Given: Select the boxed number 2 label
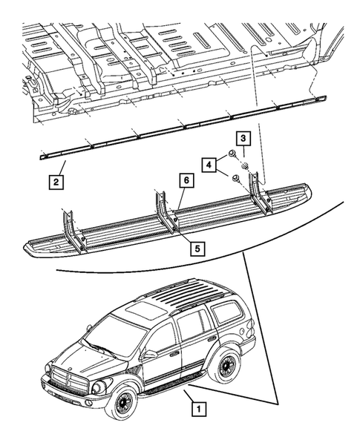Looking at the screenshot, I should tap(56, 180).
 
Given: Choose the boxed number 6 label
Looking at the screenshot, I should tap(187, 180).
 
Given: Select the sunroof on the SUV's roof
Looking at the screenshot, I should tap(139, 309).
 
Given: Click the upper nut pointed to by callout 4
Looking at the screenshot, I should tap(232, 154).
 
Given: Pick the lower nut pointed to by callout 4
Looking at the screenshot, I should tap(236, 177).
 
